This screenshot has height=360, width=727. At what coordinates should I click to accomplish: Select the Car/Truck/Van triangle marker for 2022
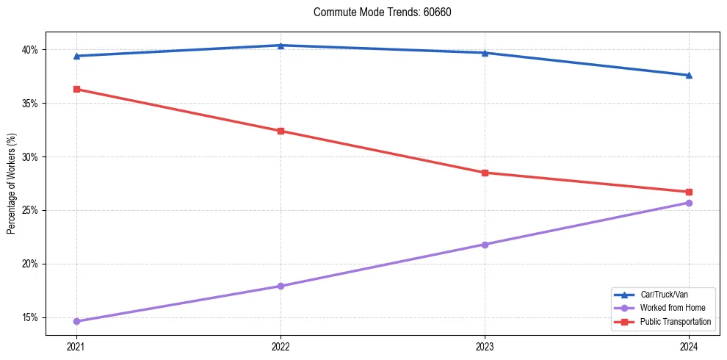[x=281, y=46]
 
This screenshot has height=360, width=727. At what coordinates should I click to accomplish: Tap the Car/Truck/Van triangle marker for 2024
[x=689, y=75]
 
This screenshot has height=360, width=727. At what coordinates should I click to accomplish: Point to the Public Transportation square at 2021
[x=76, y=89]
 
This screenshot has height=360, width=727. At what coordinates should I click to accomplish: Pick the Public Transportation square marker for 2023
[x=485, y=173]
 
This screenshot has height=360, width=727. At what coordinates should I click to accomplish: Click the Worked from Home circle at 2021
[x=76, y=321]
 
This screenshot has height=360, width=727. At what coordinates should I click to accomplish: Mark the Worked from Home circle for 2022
[x=281, y=286]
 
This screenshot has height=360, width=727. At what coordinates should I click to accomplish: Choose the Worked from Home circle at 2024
[x=689, y=203]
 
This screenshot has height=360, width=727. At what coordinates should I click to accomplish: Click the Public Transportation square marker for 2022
[x=281, y=131]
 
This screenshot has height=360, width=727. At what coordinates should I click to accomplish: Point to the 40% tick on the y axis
[x=30, y=50]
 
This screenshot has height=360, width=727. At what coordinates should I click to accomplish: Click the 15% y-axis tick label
[x=30, y=317]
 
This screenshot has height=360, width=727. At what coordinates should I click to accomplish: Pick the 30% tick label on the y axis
[x=30, y=157]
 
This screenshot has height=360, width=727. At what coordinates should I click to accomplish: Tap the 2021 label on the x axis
[x=76, y=346]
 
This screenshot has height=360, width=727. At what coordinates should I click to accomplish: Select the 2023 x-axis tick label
[x=485, y=346]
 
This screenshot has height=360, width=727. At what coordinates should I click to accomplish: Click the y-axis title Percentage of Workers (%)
[x=12, y=184]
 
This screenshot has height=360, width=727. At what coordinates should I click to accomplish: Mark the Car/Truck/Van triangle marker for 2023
[x=485, y=53]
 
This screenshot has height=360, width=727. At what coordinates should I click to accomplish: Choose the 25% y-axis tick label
[x=30, y=210]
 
